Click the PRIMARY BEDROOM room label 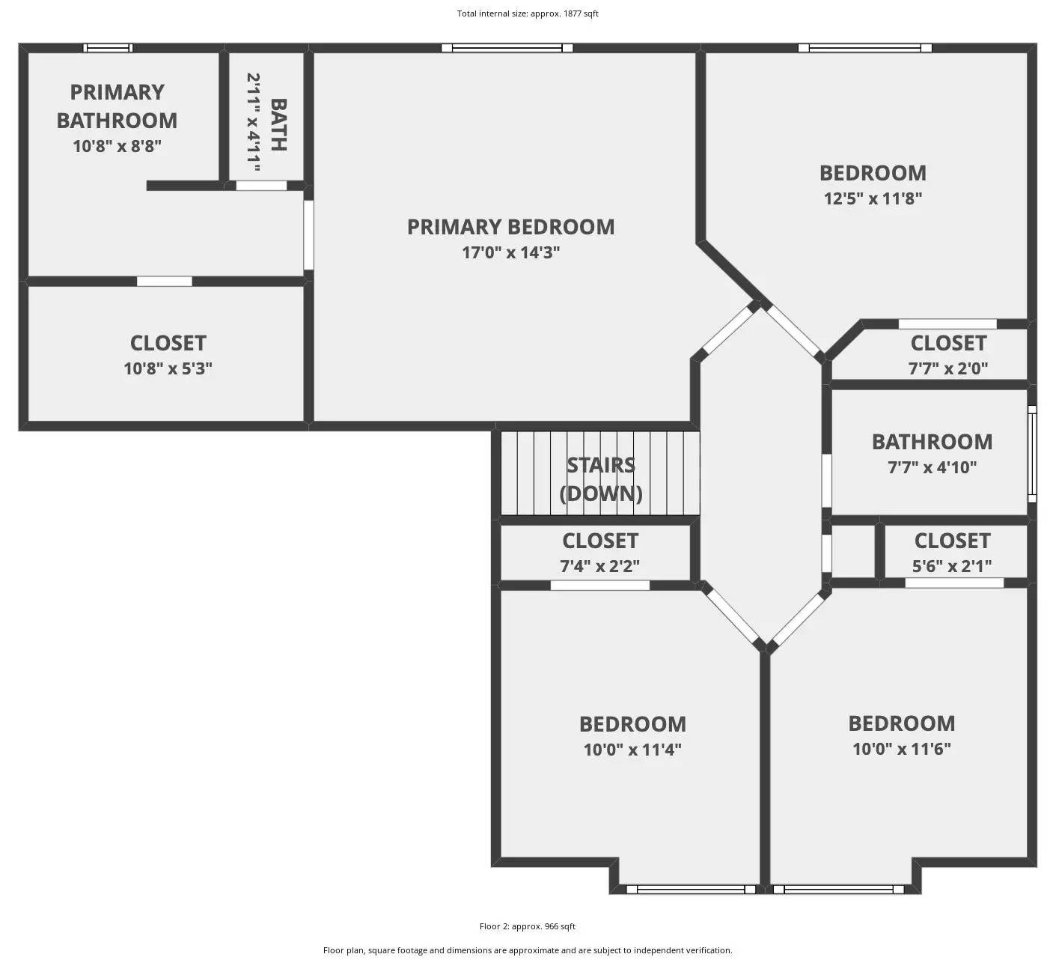click(x=510, y=227)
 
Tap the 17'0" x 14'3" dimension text click(x=510, y=252)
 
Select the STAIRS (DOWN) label click(x=600, y=479)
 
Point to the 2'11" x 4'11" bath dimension click(x=254, y=122)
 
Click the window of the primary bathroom click(x=108, y=48)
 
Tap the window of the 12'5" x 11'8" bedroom click(x=864, y=48)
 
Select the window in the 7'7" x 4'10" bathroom click(x=1032, y=454)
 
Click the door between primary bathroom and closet click(x=165, y=282)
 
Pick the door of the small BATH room click(x=261, y=186)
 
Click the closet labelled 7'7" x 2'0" click(x=947, y=354)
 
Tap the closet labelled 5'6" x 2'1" click(x=952, y=552)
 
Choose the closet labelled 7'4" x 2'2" click(x=599, y=552)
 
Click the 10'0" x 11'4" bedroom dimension click(x=632, y=750)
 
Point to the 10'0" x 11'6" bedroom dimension click(x=901, y=749)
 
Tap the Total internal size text click(x=528, y=13)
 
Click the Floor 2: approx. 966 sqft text click(x=528, y=926)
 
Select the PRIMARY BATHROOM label click(x=117, y=106)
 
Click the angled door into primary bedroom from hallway click(x=727, y=331)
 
